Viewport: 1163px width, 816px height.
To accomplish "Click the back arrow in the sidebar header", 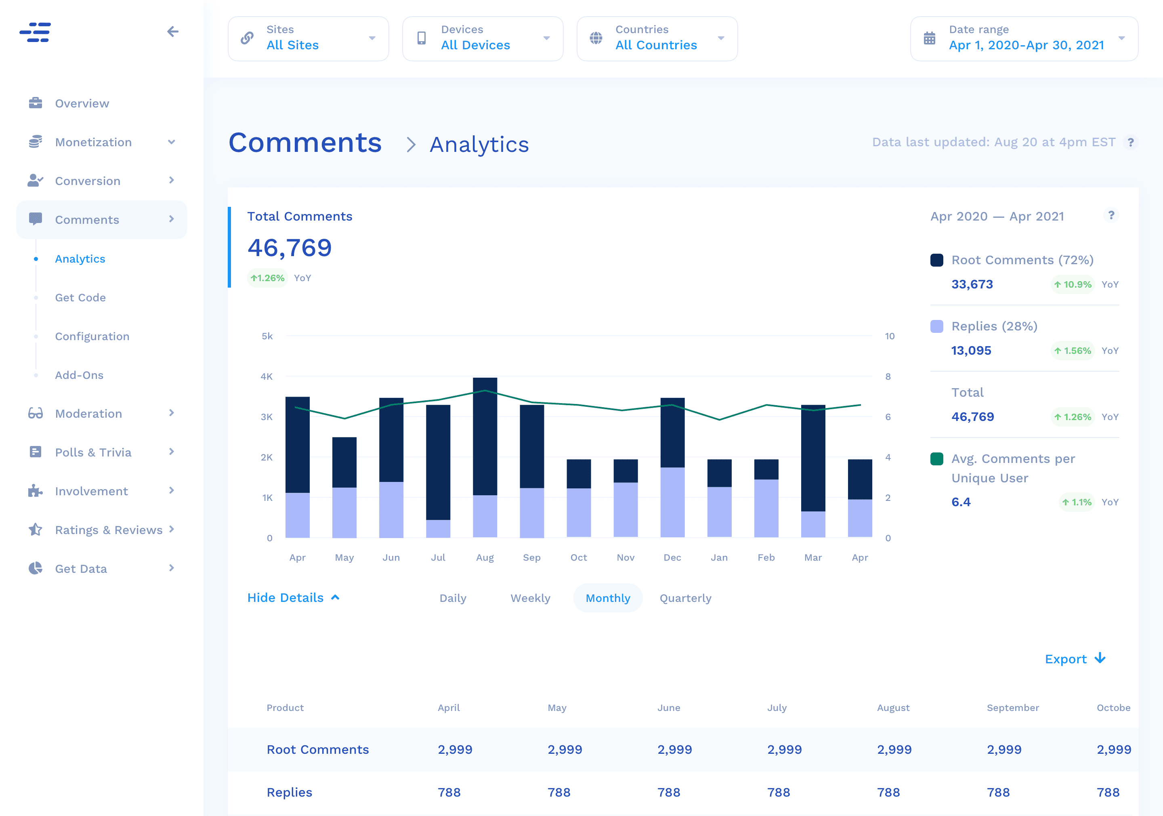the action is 173,32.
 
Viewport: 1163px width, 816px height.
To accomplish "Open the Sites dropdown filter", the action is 308,38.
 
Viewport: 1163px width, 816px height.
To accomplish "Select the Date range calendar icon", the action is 930,38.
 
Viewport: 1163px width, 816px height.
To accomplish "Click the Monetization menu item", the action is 93,143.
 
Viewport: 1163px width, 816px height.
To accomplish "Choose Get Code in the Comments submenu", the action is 80,297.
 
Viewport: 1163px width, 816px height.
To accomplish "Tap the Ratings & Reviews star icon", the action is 36,530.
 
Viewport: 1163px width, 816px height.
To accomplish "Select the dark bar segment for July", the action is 438,462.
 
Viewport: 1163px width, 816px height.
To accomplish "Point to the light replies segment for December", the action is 672,502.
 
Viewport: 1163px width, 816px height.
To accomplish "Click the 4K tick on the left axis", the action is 267,376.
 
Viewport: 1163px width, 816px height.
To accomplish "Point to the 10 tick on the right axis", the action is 890,336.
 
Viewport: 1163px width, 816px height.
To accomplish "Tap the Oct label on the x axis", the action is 578,557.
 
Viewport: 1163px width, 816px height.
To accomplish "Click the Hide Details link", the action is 293,597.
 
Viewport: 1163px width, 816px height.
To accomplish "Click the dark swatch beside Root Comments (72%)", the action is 936,260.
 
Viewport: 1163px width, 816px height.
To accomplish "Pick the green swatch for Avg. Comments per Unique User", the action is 936,458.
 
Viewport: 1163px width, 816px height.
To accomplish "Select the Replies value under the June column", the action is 669,792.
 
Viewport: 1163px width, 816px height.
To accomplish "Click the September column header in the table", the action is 1012,708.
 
